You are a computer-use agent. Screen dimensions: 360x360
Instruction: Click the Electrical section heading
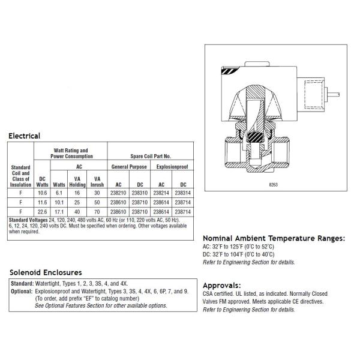pyautogui.click(x=25, y=136)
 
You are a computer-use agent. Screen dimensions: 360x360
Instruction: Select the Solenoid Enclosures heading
pyautogui.click(x=46, y=272)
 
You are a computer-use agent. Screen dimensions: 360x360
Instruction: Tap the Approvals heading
pyautogui.click(x=223, y=285)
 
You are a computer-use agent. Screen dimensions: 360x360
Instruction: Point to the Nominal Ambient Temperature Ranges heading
pyautogui.click(x=274, y=238)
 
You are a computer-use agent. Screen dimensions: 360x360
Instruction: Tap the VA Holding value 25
pyautogui.click(x=78, y=203)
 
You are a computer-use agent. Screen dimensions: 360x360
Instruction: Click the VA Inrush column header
pyautogui.click(x=97, y=181)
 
